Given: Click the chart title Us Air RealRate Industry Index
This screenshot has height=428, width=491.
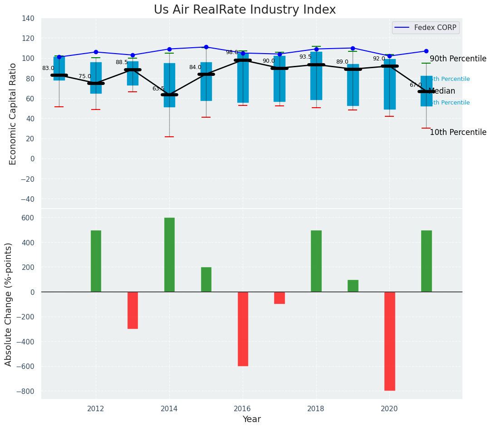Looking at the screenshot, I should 245,10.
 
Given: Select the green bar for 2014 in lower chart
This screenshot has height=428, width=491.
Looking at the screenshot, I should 169,254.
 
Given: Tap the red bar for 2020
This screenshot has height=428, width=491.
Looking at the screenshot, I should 389,341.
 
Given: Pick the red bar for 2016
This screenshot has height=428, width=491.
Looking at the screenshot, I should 243,328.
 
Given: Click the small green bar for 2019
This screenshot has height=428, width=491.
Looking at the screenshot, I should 353,286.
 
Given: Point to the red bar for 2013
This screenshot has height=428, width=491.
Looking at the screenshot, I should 133,310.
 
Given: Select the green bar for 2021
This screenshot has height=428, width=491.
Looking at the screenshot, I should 426,261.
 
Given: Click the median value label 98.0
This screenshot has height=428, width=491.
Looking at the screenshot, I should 232,53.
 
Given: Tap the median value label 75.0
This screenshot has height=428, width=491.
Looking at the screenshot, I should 85,77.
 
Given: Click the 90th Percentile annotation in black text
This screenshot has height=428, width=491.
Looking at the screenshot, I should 457,59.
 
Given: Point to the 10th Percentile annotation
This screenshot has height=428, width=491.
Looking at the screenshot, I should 457,133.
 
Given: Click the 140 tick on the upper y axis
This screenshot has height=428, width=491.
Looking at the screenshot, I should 28,19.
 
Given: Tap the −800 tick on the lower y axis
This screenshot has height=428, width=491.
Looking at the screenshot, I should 25,391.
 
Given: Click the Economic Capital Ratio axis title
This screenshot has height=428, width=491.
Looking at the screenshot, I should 13,114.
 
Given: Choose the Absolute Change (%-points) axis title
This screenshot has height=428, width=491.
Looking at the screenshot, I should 9,304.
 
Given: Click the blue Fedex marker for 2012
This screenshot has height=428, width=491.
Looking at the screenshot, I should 96,52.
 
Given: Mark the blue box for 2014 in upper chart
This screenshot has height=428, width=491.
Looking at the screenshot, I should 169,85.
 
